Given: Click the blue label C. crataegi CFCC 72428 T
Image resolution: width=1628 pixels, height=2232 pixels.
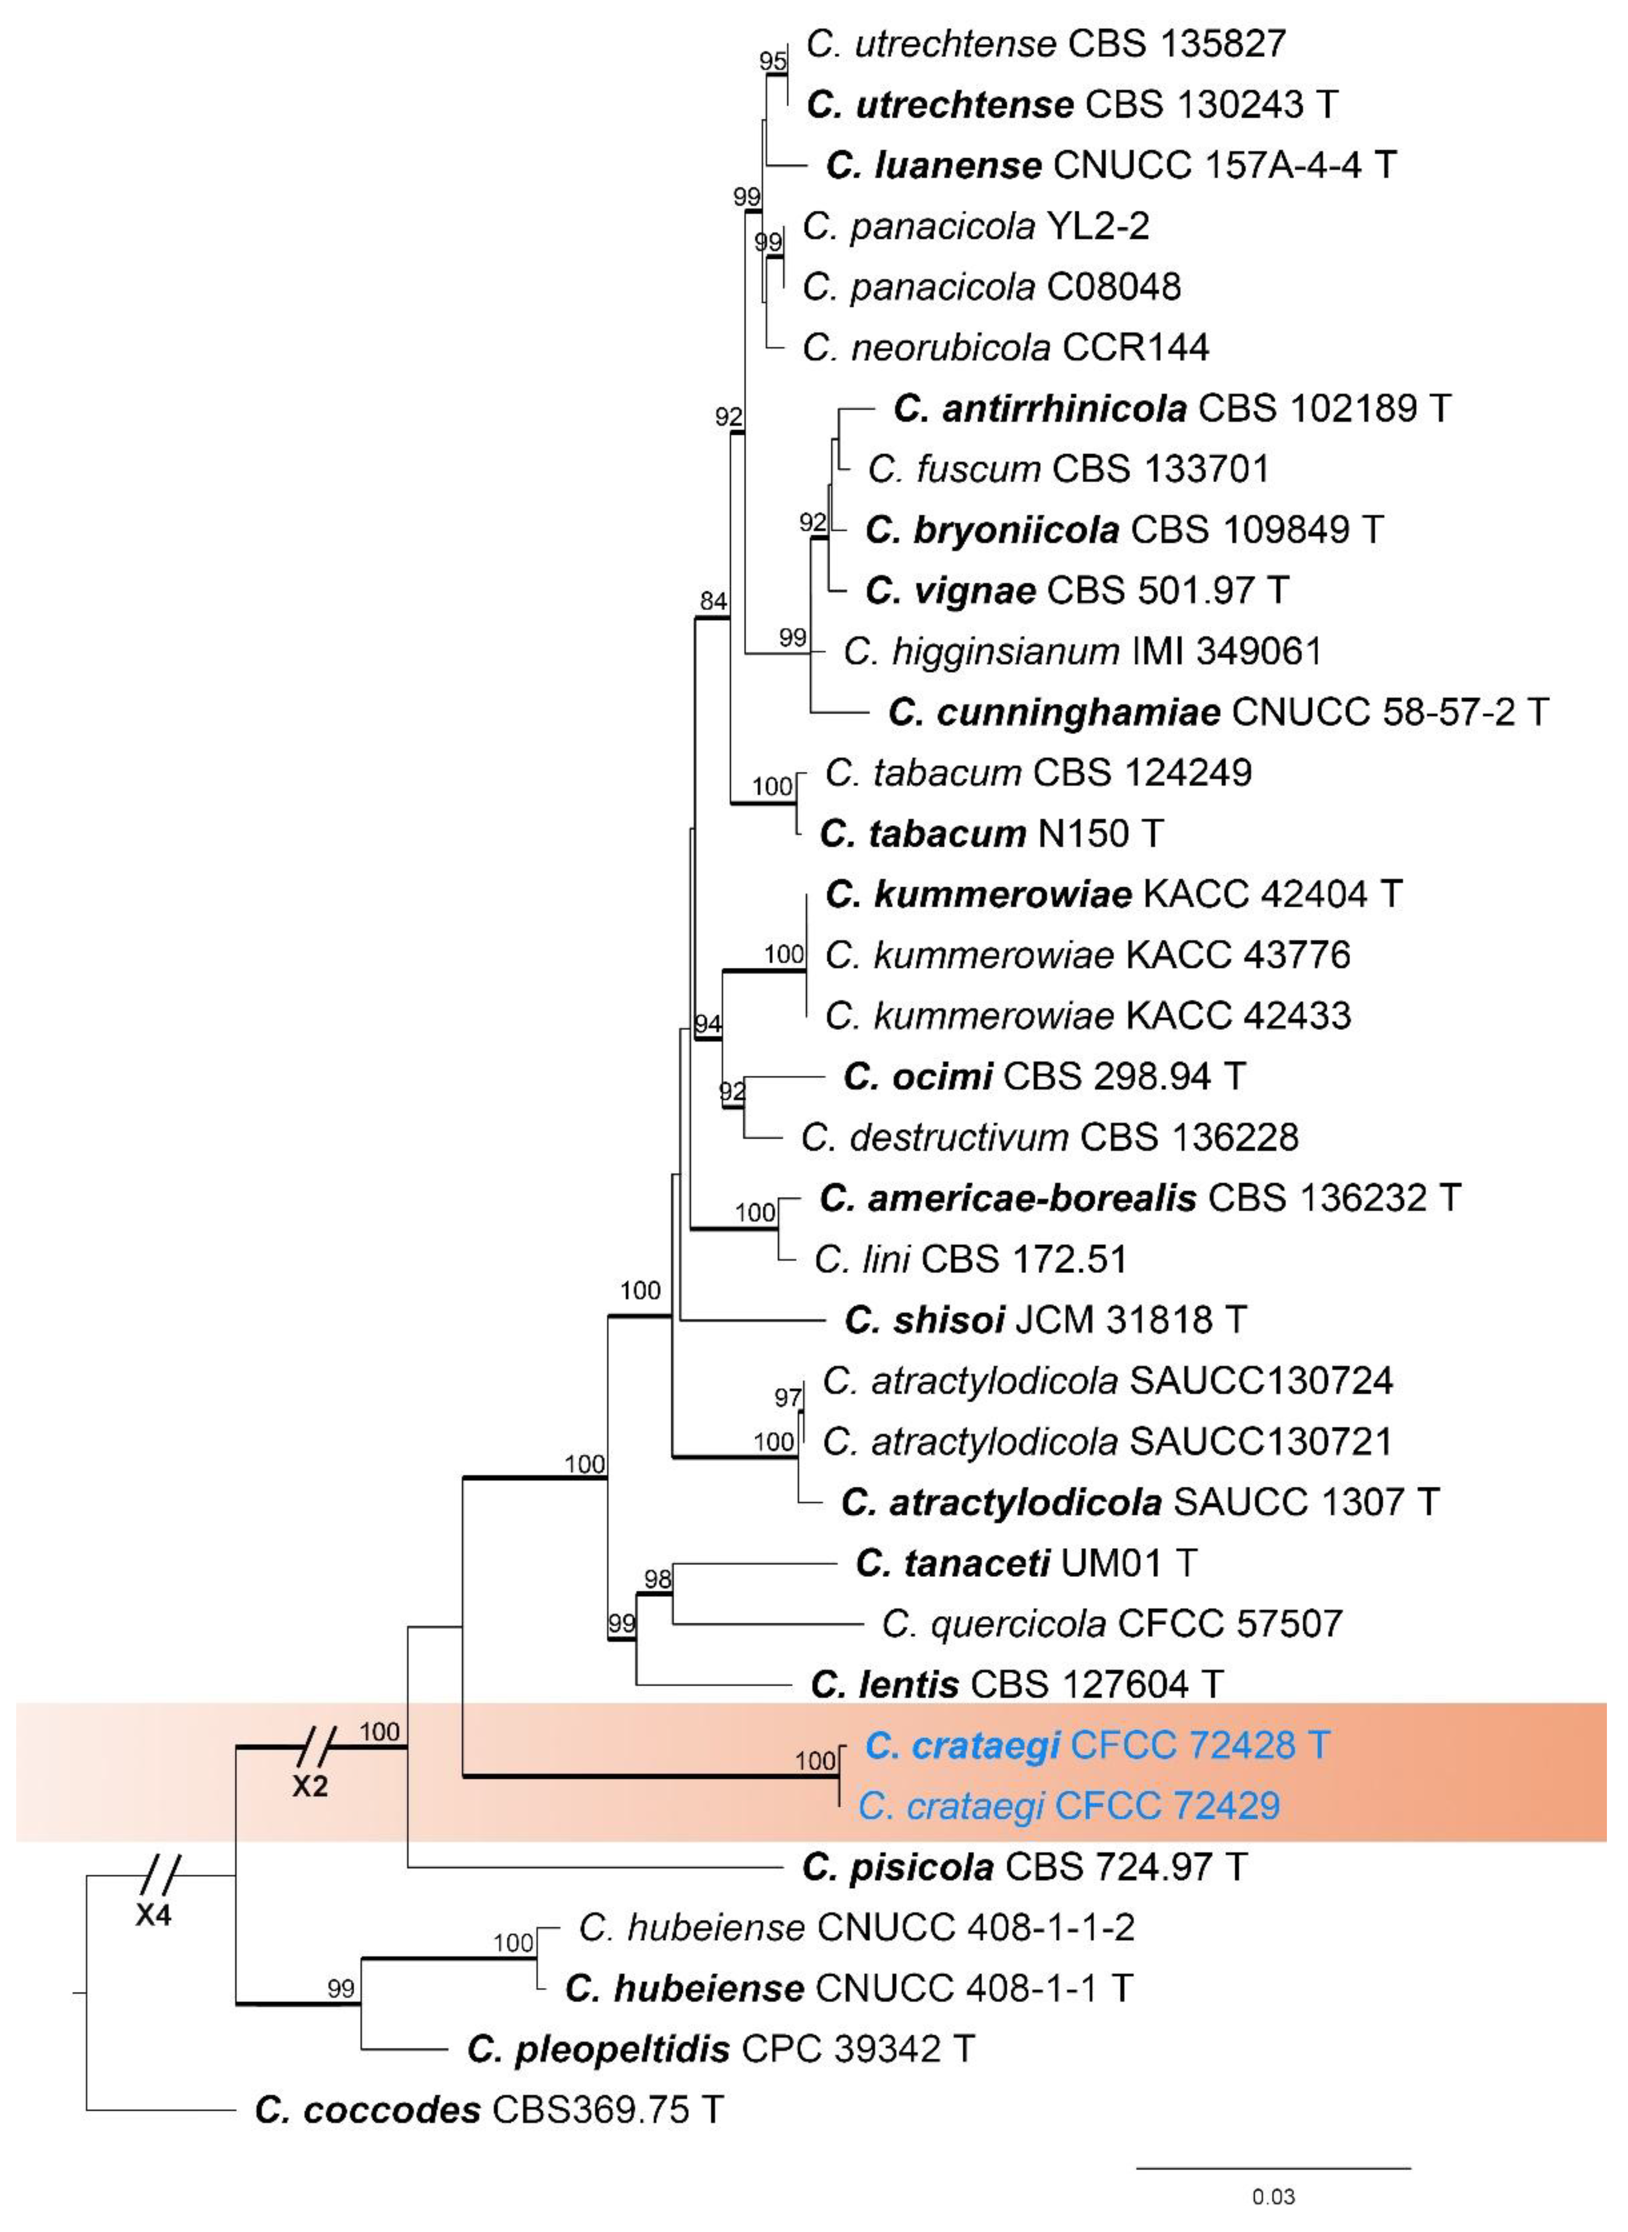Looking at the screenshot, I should [x=1097, y=1745].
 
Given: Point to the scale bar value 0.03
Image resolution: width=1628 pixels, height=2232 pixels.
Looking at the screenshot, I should [x=1273, y=2197].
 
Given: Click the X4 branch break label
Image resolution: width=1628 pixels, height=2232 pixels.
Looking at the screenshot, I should [x=154, y=1916].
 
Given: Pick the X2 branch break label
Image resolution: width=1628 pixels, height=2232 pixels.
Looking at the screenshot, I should [x=309, y=1786].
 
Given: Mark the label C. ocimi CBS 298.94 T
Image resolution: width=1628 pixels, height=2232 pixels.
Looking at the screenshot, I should [x=1045, y=1076].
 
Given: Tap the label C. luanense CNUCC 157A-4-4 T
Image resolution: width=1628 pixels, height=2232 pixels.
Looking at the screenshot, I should [x=1110, y=165].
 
